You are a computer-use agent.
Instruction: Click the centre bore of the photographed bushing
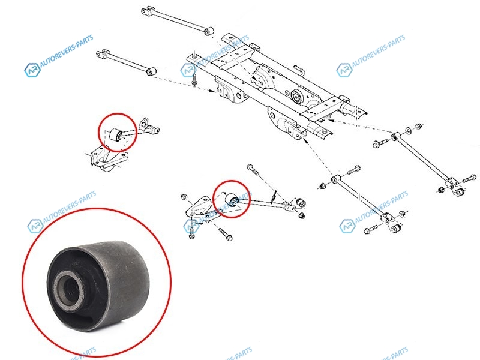(70, 290)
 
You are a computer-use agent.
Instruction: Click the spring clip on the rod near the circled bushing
(274, 197)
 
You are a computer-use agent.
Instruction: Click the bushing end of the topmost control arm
(209, 31)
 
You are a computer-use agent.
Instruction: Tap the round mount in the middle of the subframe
(296, 97)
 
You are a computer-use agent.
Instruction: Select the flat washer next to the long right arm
(409, 131)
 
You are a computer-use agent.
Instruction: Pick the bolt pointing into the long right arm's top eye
(380, 143)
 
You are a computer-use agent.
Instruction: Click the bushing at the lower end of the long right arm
(459, 192)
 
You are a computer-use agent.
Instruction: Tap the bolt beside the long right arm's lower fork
(469, 178)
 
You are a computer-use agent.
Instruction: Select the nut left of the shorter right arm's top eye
(322, 185)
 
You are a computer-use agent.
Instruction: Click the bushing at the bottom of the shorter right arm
(395, 228)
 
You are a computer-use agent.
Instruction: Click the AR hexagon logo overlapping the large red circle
(35, 226)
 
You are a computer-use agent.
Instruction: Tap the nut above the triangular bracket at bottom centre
(184, 197)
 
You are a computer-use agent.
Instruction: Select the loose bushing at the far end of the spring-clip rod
(301, 202)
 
